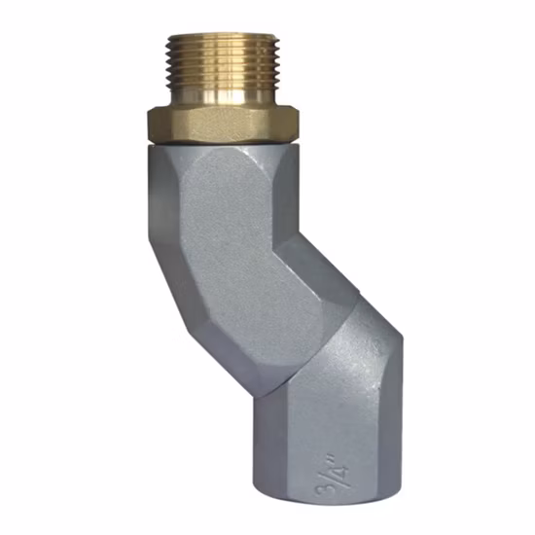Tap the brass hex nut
224,125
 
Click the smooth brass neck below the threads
223,98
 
